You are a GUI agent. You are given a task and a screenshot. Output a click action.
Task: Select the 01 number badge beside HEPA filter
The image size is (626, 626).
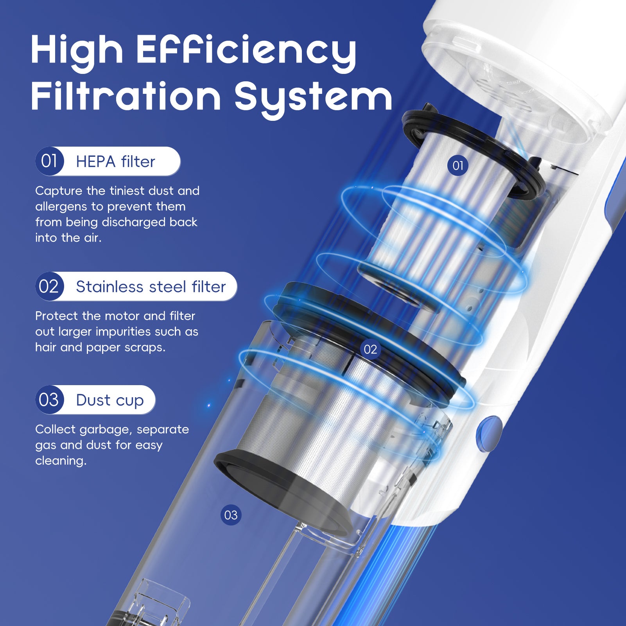click(x=49, y=161)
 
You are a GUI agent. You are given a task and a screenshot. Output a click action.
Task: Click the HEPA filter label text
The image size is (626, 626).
click(x=115, y=162)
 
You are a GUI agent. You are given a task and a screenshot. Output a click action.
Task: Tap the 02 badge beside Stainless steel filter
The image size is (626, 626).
click(x=49, y=287)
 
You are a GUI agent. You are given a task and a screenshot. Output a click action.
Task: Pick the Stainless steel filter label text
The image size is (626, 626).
click(x=151, y=287)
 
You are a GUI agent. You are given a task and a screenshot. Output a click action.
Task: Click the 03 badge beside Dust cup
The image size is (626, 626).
click(x=49, y=400)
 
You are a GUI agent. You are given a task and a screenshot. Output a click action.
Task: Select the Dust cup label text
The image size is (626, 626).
click(x=110, y=400)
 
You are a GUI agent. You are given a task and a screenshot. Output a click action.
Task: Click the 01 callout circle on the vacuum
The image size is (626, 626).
click(x=457, y=165)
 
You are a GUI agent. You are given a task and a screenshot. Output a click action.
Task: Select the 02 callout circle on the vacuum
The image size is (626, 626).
click(x=370, y=349)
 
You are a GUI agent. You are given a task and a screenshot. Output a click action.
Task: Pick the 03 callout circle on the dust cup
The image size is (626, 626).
click(x=231, y=515)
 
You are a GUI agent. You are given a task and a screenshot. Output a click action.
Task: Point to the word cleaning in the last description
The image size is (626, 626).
click(x=61, y=461)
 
